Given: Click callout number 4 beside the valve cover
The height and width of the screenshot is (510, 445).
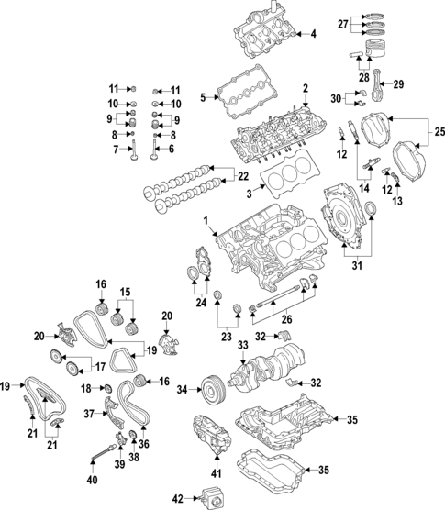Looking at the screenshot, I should click(x=313, y=34).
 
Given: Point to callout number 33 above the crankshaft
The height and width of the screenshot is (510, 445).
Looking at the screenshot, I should click(x=242, y=346).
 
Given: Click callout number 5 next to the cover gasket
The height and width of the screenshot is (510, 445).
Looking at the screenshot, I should click(x=204, y=94).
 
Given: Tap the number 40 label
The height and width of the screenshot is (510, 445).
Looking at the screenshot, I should click(x=91, y=478).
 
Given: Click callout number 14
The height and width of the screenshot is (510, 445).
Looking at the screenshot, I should click(x=363, y=188).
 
